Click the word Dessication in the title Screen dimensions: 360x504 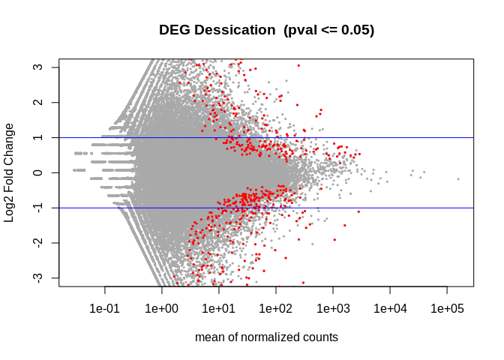pyautogui.click(x=233, y=30)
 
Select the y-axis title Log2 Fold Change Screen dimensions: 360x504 pyautogui.click(x=10, y=172)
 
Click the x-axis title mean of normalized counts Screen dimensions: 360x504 pyautogui.click(x=266, y=337)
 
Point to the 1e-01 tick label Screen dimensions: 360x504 pyautogui.click(x=105, y=308)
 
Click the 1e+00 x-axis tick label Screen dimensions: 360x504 pyautogui.click(x=162, y=308)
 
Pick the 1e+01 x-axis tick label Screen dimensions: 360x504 pyautogui.click(x=219, y=308)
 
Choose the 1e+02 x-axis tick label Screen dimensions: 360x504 pyautogui.click(x=276, y=308)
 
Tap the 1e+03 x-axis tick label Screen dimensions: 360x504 pyautogui.click(x=333, y=308)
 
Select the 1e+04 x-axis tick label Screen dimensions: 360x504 pyautogui.click(x=390, y=308)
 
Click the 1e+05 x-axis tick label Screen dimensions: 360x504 pyautogui.click(x=447, y=308)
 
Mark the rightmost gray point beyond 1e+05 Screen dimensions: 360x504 pyautogui.click(x=458, y=178)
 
